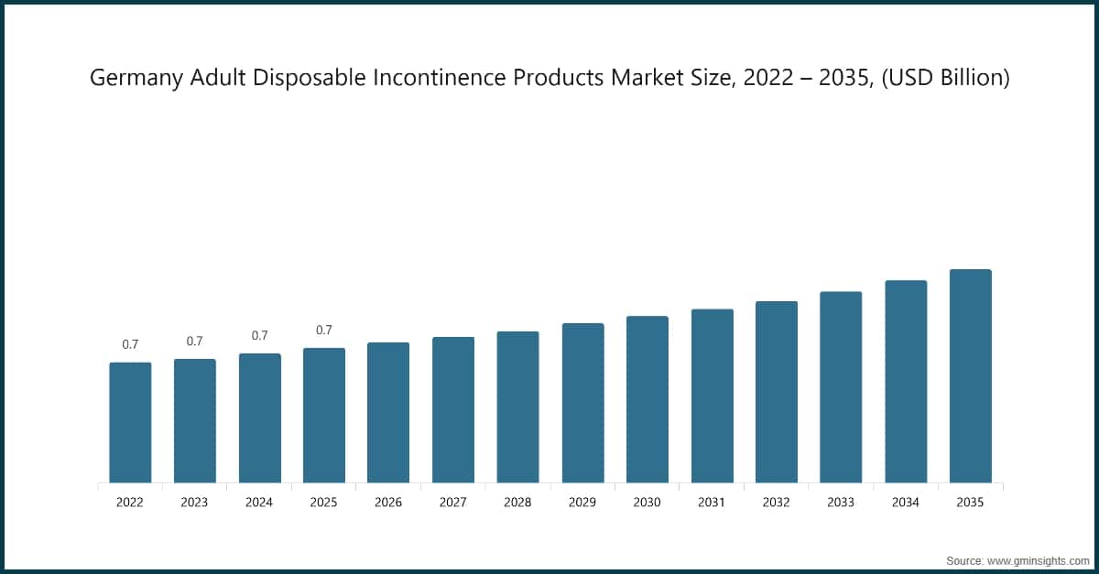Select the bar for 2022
130,423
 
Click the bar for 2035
970,376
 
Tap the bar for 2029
582,403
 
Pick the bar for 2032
777,392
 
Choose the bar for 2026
388,413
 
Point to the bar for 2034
906,382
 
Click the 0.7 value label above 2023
194,341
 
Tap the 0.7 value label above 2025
324,330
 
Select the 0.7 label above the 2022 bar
130,345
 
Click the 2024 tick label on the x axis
259,503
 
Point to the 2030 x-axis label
647,503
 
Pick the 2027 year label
453,503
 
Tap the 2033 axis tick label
841,503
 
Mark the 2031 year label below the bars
712,503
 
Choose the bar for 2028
517,407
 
